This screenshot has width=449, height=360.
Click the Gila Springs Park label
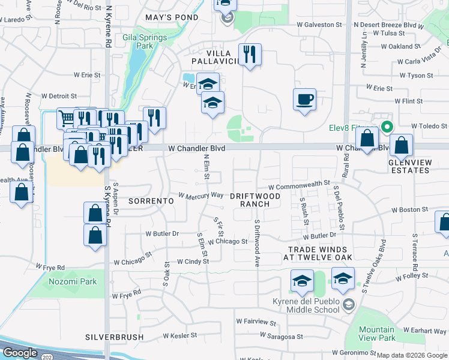(136, 40)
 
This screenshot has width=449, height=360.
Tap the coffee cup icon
(305, 98)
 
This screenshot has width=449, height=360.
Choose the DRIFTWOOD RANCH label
(255, 200)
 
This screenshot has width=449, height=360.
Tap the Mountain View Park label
(377, 334)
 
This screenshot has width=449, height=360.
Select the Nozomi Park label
(72, 281)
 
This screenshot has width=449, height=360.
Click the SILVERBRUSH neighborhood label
(114, 337)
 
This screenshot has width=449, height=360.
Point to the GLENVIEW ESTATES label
(409, 166)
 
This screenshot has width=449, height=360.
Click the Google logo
(20, 353)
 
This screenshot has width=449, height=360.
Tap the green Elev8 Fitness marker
(387, 127)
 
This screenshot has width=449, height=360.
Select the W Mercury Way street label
(201, 195)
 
